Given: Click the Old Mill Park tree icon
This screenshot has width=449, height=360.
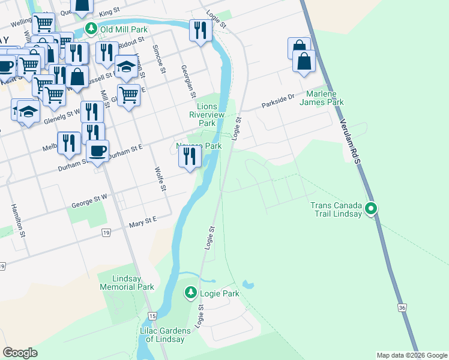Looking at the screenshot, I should click(x=91, y=28).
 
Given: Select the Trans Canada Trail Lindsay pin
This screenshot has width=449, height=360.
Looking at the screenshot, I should click(x=372, y=209).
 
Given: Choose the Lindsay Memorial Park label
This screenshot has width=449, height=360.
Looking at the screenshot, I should click(x=125, y=283).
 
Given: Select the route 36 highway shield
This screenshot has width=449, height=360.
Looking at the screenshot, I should click(x=401, y=307).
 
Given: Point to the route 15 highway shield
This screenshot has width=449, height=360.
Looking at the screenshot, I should click(x=153, y=316).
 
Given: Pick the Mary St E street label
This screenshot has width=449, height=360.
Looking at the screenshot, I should click(x=143, y=223).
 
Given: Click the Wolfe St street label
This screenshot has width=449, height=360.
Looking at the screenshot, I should click(x=160, y=179).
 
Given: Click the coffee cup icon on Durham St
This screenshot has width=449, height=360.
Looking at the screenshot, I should click(x=97, y=151).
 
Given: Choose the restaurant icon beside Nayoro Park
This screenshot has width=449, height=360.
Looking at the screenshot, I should click(x=190, y=157).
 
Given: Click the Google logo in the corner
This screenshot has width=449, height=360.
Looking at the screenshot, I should click(x=20, y=352).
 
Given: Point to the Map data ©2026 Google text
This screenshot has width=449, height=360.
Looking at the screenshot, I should click(x=412, y=355).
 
